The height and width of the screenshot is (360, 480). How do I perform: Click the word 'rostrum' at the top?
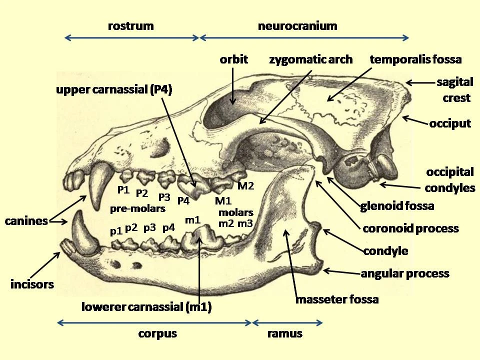[x=130, y=26]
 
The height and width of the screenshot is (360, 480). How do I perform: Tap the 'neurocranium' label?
[x=297, y=26]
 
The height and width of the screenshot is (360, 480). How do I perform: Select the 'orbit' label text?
[x=233, y=59]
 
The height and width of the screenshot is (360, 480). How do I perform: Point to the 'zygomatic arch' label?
[x=310, y=59]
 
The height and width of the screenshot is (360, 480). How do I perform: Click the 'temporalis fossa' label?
[x=415, y=59]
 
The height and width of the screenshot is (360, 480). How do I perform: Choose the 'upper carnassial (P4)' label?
[x=114, y=89]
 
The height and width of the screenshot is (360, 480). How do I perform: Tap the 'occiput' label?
[x=450, y=123]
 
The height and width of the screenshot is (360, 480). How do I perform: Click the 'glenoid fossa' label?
[x=397, y=206]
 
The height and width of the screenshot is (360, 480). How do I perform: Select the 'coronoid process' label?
[x=410, y=228]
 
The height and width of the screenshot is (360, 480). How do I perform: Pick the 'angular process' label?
[x=405, y=273]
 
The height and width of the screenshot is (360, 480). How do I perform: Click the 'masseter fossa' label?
[x=337, y=299]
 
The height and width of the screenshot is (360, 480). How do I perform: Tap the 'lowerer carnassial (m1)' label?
[x=146, y=306]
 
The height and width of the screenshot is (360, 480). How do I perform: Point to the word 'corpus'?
[x=157, y=334]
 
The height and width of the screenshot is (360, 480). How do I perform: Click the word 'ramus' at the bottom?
[x=284, y=333]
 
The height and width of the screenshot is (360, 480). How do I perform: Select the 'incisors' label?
[x=32, y=284]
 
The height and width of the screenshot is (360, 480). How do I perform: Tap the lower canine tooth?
[x=83, y=234]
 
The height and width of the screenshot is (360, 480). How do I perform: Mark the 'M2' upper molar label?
[x=246, y=186]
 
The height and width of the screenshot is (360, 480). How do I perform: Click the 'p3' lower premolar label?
[x=149, y=228]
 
